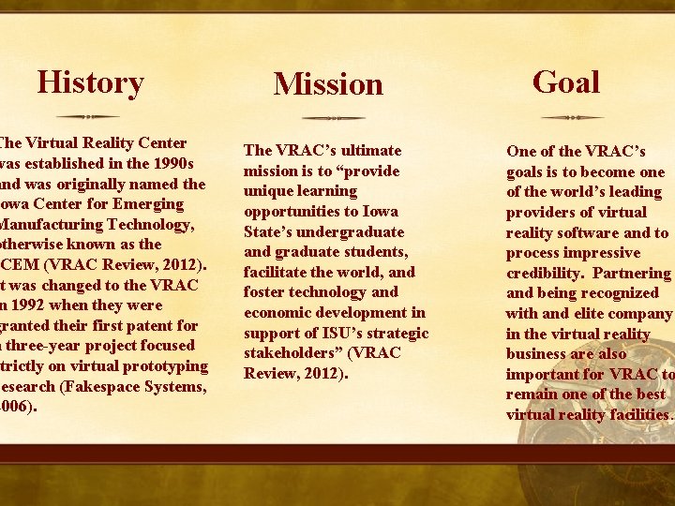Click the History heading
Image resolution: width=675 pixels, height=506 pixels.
90,82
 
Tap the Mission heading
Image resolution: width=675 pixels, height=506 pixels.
328,84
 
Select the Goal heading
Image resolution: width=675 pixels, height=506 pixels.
565,82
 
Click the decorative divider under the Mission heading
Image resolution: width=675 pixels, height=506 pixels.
333,118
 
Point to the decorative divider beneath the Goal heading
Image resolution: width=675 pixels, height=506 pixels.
573,117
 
